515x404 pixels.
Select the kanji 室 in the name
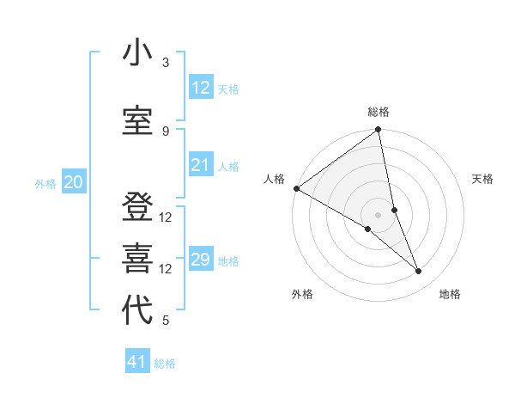tap(137, 121)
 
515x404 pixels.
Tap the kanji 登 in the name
tap(137, 207)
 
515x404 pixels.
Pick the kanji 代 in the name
tap(137, 310)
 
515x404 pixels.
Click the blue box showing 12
tap(200, 88)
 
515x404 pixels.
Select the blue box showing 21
tap(200, 165)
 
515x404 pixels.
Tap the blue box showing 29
tap(200, 260)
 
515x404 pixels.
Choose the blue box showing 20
tap(74, 182)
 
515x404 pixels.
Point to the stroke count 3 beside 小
tap(166, 63)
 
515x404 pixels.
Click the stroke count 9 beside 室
tap(166, 131)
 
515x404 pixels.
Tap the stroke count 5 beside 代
tap(166, 321)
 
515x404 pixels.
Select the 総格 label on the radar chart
tap(379, 112)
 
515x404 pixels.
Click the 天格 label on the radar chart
tap(483, 179)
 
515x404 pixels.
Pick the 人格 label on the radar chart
tap(274, 179)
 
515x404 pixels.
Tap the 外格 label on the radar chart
tap(302, 294)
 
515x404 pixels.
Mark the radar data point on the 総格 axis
tap(379, 131)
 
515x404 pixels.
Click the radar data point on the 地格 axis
tap(419, 272)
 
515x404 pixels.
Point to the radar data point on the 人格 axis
tap(296, 188)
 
